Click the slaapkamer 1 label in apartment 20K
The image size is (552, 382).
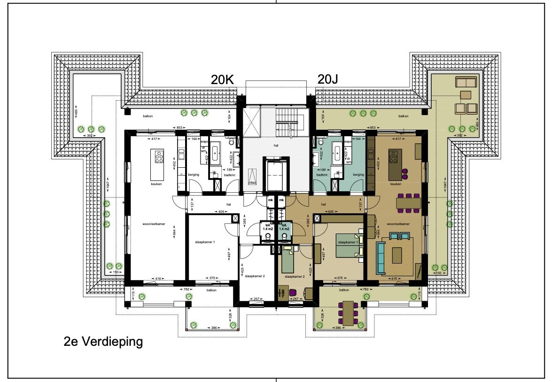pyautogui.click(x=204, y=242)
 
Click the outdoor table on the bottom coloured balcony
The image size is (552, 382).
pyautogui.click(x=348, y=313)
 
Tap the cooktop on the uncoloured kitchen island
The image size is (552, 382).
pyautogui.click(x=159, y=156)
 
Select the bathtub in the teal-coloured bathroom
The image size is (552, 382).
pyautogui.click(x=337, y=151)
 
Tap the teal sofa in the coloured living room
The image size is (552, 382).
pyautogui.click(x=381, y=256)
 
